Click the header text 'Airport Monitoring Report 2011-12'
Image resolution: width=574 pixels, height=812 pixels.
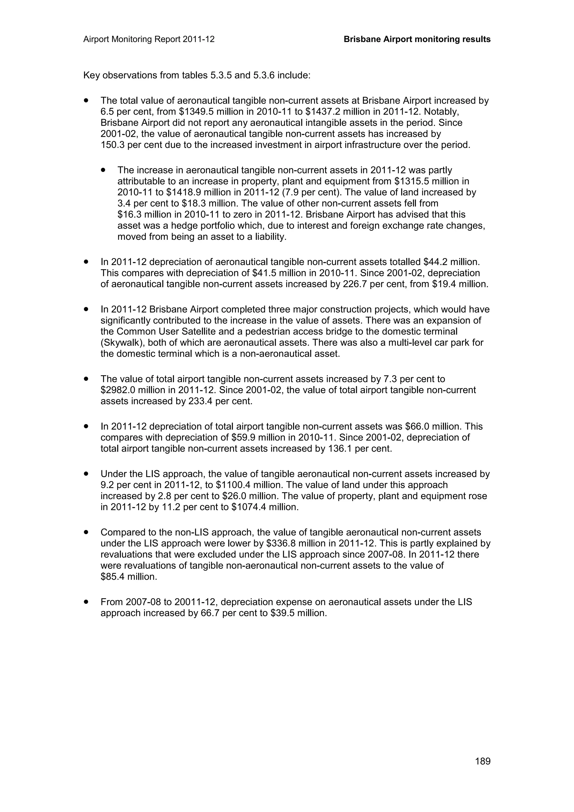(x=149, y=39)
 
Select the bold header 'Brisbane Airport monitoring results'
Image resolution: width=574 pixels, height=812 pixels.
(x=417, y=39)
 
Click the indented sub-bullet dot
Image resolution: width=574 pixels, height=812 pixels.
(x=103, y=170)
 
